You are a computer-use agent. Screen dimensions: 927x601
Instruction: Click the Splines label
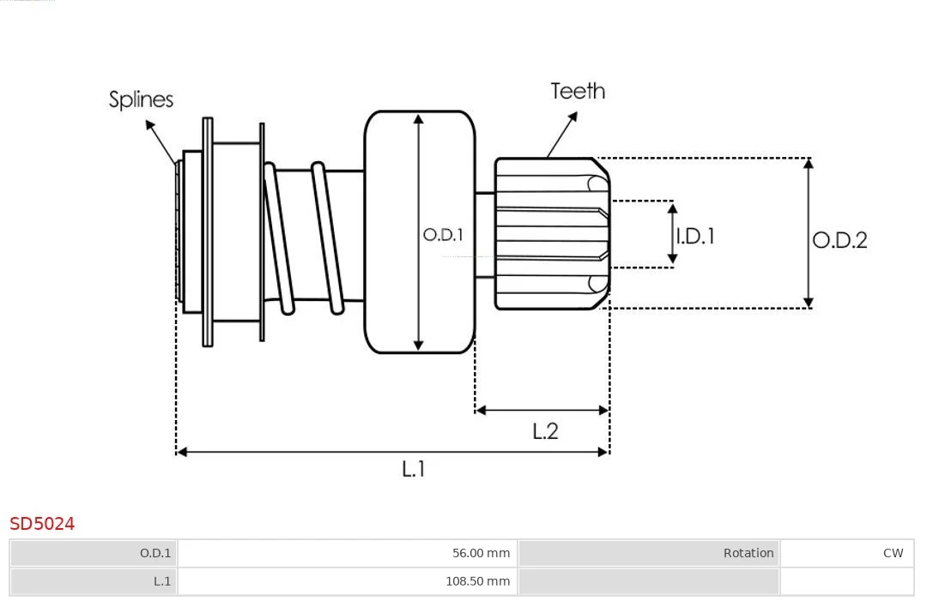click(141, 99)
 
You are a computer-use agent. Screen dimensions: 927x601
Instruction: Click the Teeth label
click(578, 91)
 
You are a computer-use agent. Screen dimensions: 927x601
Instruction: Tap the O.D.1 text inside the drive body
click(443, 235)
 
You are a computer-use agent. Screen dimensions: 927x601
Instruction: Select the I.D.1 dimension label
click(695, 236)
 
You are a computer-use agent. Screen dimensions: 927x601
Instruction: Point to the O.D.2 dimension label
click(839, 240)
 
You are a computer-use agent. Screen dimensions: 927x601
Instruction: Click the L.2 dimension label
click(544, 431)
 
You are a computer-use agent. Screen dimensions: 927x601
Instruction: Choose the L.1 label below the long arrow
click(413, 469)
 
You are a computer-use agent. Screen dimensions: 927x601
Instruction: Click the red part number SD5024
click(42, 524)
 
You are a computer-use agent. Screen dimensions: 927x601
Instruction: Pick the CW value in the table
click(893, 553)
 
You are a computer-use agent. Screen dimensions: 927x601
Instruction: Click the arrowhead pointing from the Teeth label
click(572, 117)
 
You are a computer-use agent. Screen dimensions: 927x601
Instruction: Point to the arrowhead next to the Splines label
click(150, 125)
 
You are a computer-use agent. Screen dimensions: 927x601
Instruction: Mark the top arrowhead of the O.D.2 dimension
click(809, 164)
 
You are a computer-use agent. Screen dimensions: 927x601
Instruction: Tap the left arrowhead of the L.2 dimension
click(481, 410)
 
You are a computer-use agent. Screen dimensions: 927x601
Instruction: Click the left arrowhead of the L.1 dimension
click(182, 452)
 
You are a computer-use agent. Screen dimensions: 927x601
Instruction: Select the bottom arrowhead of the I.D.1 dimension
click(672, 259)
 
